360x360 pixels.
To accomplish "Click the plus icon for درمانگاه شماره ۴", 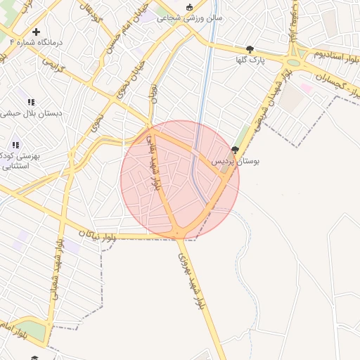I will (x=36, y=32).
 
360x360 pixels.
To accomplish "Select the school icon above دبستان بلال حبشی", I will (x=31, y=102).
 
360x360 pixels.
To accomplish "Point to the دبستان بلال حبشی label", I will (x=32, y=112).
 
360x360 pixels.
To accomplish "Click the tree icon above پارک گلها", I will (x=250, y=49).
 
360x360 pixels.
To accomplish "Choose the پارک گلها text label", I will (x=250, y=60).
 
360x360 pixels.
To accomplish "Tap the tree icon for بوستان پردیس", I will (x=234, y=150).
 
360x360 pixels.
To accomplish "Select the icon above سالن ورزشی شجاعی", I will (x=188, y=7).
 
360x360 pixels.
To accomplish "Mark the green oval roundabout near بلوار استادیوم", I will (x=293, y=62).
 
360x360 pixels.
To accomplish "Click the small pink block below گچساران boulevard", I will (x=307, y=88).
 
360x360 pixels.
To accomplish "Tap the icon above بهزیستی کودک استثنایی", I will (x=15, y=145).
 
